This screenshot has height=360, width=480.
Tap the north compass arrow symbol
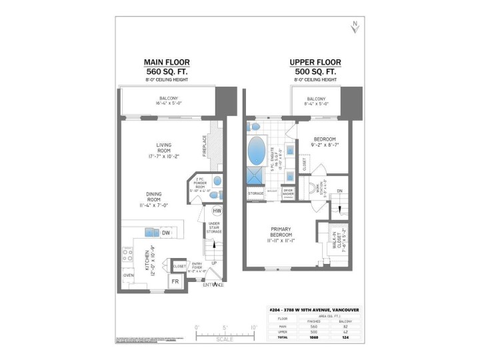coord(355,27)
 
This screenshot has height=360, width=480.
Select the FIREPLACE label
coord(205,147)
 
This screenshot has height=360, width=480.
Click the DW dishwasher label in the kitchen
coord(165,233)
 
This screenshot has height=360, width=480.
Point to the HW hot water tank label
coord(217,212)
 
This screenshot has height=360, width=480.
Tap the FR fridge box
coord(176,283)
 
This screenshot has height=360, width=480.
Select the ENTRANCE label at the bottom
coord(213,285)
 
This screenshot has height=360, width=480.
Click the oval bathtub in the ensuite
coord(257,151)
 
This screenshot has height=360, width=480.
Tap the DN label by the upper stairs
coord(339,191)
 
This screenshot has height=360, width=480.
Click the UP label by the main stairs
coord(213,263)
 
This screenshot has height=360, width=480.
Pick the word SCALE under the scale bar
coord(225,339)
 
